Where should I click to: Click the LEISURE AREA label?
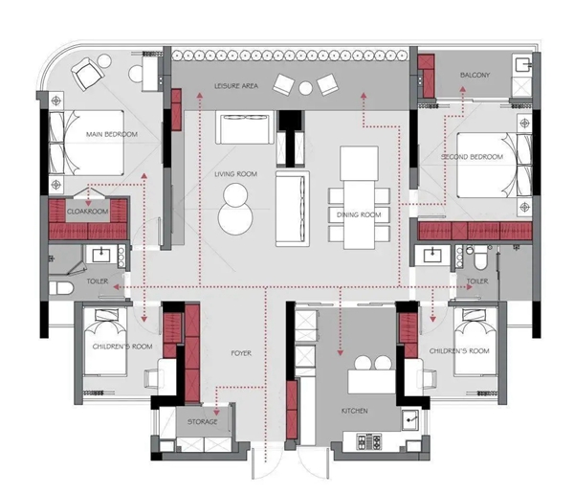235,86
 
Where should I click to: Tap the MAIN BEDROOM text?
112,134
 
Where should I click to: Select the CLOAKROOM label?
87,212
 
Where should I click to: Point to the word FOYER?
241,353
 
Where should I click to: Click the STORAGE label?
203,422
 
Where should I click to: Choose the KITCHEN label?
354,411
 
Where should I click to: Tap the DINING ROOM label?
359,214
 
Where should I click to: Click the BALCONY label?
475,75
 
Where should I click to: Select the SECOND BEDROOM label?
472,157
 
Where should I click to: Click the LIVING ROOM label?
235,174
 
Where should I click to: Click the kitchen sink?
410,419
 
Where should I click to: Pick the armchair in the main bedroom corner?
88,74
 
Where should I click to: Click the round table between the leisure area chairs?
305,88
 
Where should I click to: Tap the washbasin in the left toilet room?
101,255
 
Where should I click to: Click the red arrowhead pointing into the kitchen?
340,352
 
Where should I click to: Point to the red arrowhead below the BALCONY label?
463,89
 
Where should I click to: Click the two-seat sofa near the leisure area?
245,127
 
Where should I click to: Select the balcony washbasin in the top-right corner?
522,66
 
